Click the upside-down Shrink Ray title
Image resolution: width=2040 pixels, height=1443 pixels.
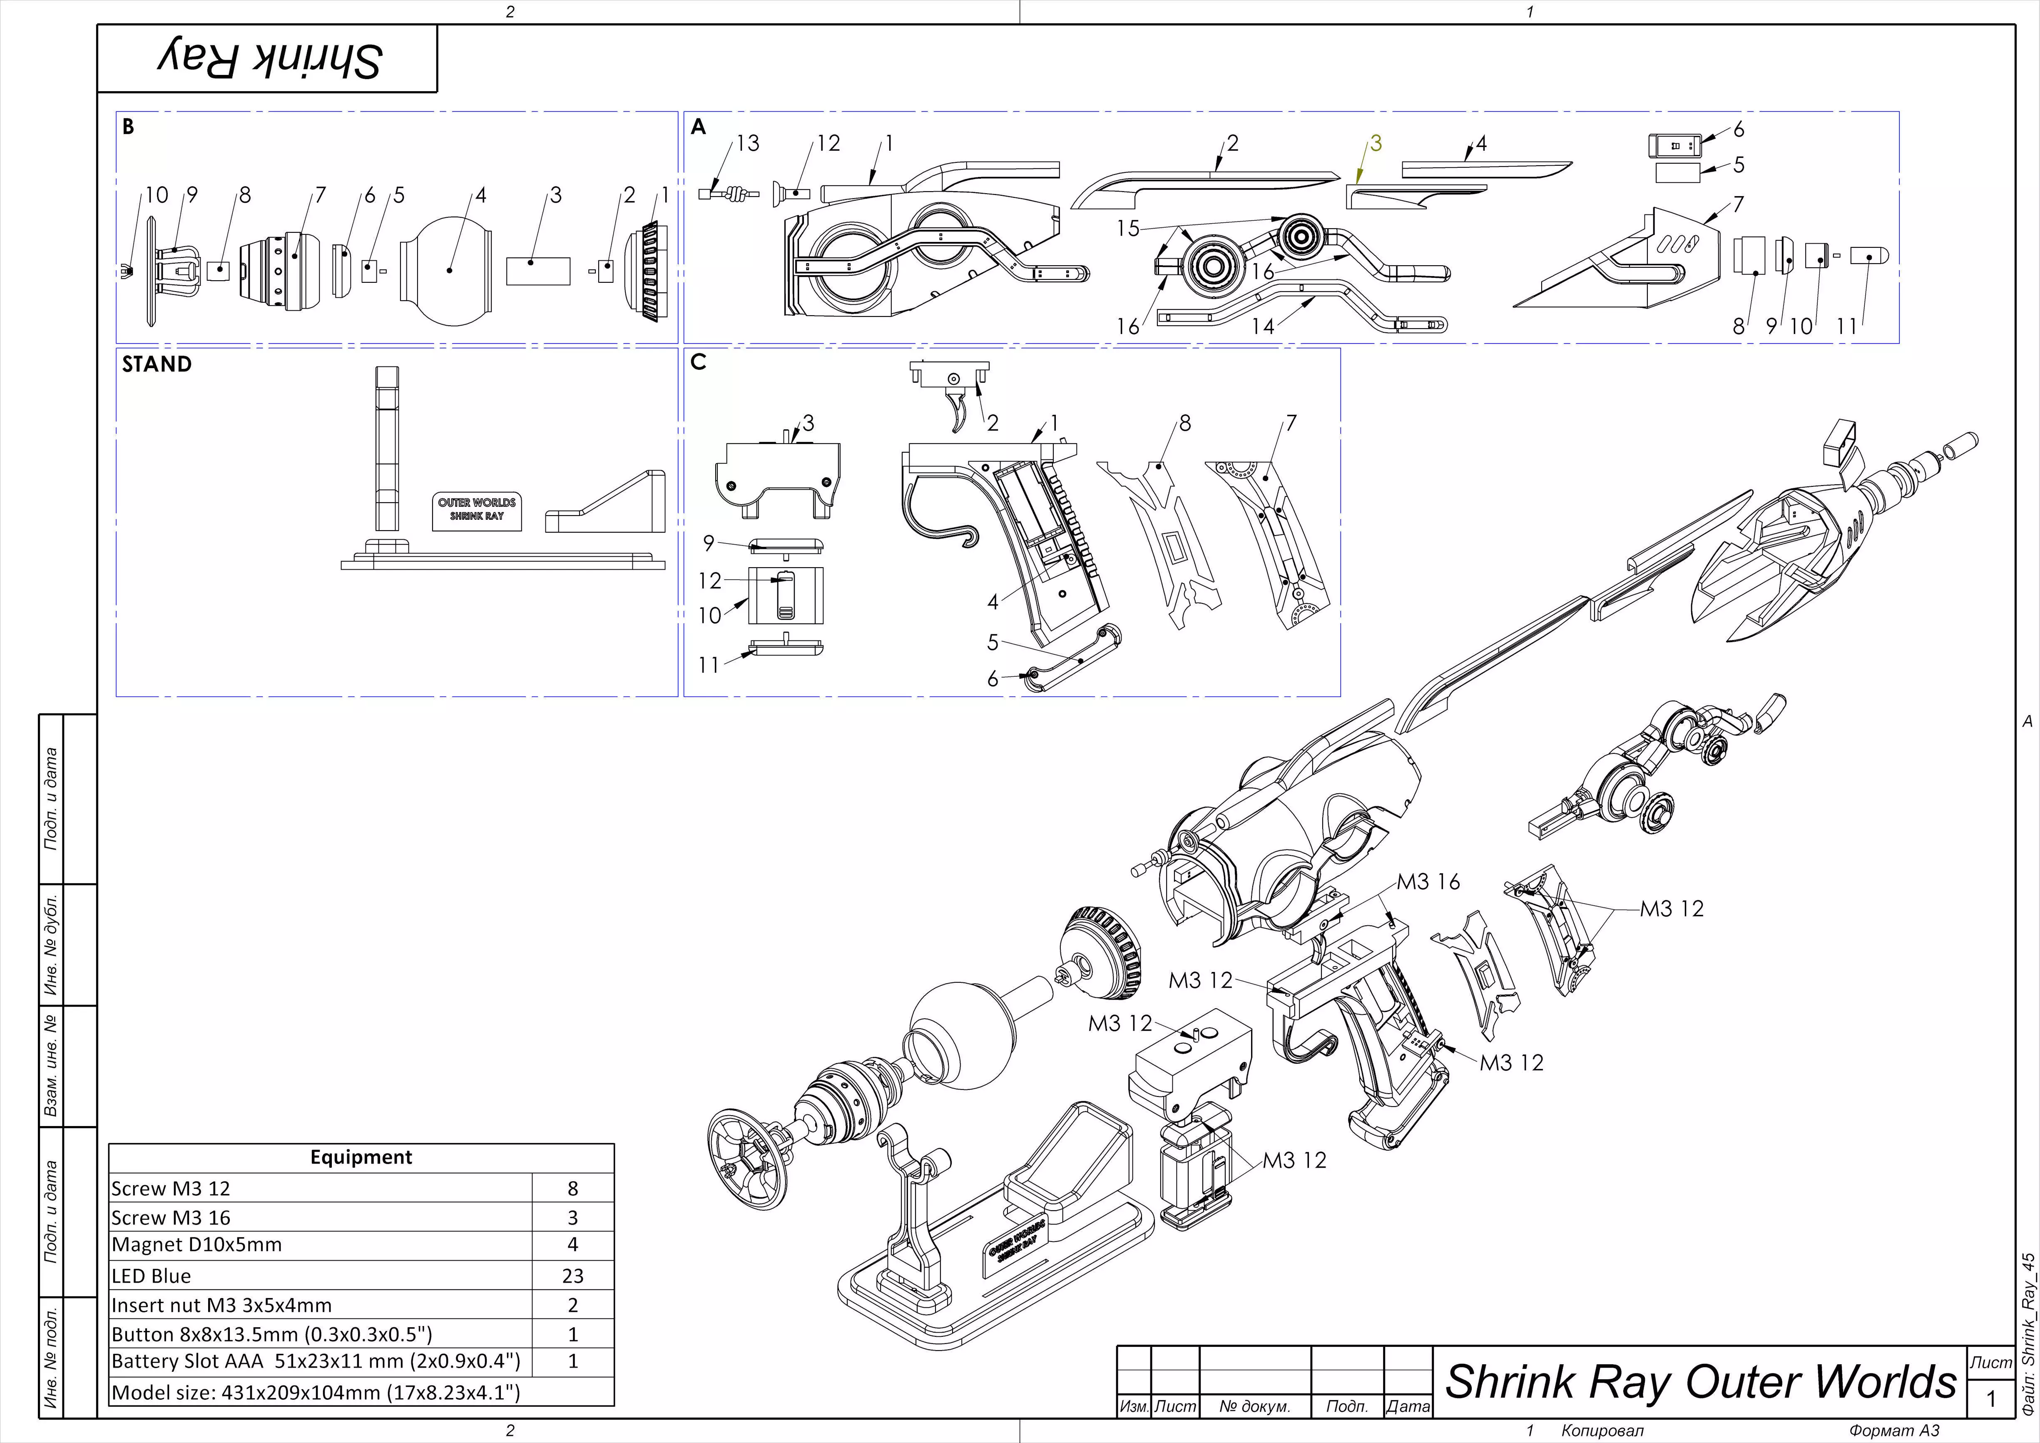269,59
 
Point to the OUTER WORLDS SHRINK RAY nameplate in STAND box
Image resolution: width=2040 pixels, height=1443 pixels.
476,509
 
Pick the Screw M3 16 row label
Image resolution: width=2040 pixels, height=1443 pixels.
171,1217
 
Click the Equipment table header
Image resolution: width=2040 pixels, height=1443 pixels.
361,1157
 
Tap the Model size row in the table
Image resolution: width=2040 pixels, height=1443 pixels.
316,1392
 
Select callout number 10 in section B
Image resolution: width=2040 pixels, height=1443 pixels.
157,194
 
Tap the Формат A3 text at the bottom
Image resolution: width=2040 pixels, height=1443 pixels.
1893,1431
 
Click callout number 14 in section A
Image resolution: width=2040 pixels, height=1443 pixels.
1263,326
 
